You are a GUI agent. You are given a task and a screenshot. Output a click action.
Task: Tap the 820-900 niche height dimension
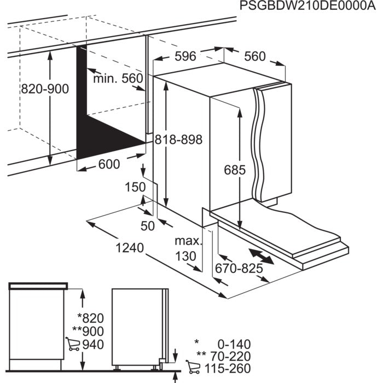pos(45,89)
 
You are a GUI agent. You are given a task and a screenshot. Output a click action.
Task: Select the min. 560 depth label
pos(117,79)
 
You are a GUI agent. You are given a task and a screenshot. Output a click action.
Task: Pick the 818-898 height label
pos(178,140)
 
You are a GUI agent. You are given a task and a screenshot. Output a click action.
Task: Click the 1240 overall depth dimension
pos(130,248)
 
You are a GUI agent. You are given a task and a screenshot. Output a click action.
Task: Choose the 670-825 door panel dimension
pos(239,269)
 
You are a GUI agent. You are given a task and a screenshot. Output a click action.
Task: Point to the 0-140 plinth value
pos(233,344)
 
